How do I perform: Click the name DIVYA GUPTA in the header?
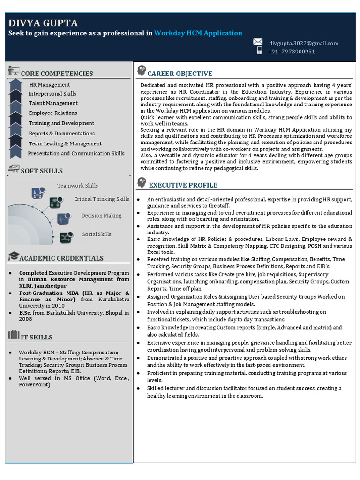(x=43, y=23)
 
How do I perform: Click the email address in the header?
(x=303, y=43)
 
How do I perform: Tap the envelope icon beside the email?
(x=257, y=42)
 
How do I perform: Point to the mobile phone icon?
(x=259, y=51)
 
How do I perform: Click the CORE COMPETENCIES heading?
(x=57, y=74)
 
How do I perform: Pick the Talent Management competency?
(x=53, y=103)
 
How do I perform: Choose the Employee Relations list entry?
(x=53, y=113)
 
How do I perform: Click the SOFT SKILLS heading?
(x=41, y=171)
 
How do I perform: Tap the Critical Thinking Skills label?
(x=101, y=199)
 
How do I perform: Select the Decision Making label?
(x=101, y=216)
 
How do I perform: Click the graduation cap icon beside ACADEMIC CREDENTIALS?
(x=14, y=256)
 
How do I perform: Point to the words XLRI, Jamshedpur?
(x=43, y=286)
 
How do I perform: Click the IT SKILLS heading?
(x=37, y=337)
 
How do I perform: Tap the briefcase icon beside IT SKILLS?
(x=14, y=335)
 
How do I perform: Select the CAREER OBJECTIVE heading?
(x=180, y=74)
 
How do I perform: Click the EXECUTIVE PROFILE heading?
(x=183, y=185)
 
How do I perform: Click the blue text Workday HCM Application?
(x=198, y=33)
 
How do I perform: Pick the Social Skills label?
(x=97, y=234)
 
